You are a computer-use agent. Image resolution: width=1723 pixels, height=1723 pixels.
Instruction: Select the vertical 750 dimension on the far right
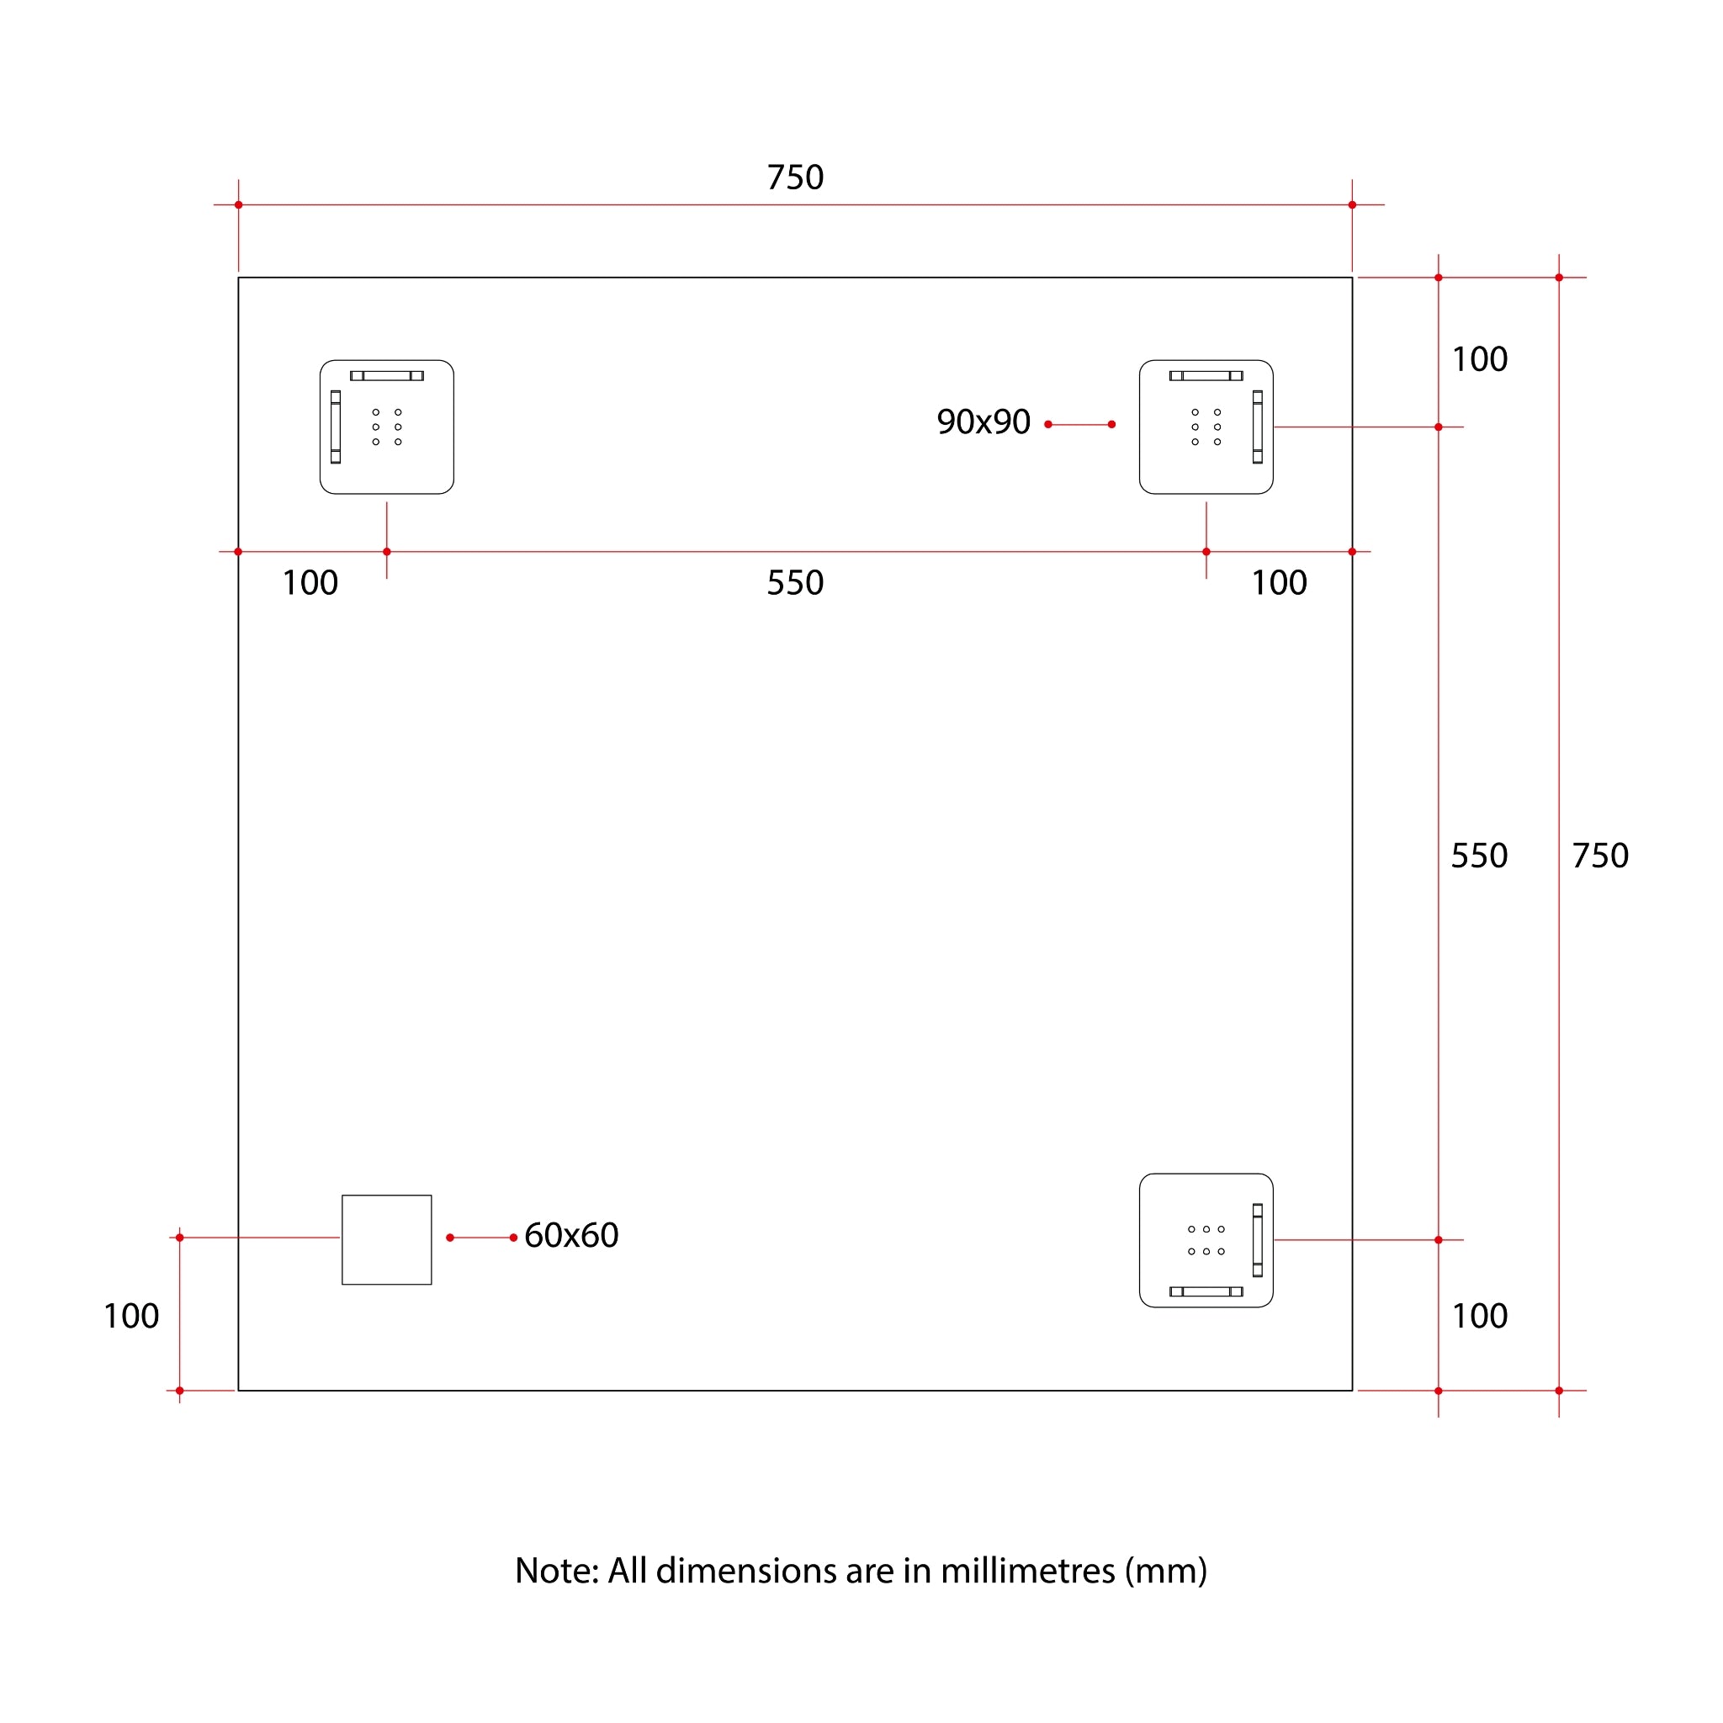pos(1600,856)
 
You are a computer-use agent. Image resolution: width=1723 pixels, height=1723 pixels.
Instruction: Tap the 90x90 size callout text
pos(983,421)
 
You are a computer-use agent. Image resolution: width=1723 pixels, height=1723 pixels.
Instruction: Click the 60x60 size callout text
pos(570,1235)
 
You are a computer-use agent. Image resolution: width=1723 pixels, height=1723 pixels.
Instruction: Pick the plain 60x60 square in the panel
pos(386,1239)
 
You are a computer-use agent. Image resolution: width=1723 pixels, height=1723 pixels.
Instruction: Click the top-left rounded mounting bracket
pos(386,427)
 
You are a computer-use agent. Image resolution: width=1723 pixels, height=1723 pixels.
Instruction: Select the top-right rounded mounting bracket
pos(1206,427)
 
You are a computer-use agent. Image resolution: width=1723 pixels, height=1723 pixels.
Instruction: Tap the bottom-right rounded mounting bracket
pos(1206,1241)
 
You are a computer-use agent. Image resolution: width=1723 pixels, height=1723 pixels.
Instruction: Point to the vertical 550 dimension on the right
pos(1479,856)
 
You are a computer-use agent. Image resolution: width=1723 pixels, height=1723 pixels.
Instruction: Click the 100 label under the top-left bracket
pos(310,583)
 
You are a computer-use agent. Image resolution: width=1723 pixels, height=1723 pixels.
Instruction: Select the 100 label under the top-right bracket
pos(1279,583)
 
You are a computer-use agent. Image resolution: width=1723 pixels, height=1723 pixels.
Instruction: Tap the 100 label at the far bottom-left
pos(131,1317)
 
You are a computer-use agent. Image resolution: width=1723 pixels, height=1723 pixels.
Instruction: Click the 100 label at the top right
pos(1480,359)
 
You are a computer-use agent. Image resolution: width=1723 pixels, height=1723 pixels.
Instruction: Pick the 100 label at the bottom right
pos(1480,1317)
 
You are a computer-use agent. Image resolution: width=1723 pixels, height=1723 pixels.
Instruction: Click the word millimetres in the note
pos(1027,1572)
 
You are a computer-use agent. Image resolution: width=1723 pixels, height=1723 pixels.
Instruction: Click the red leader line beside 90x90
pos(1080,425)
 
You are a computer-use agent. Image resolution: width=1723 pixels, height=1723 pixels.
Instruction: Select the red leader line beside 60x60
pos(481,1238)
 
